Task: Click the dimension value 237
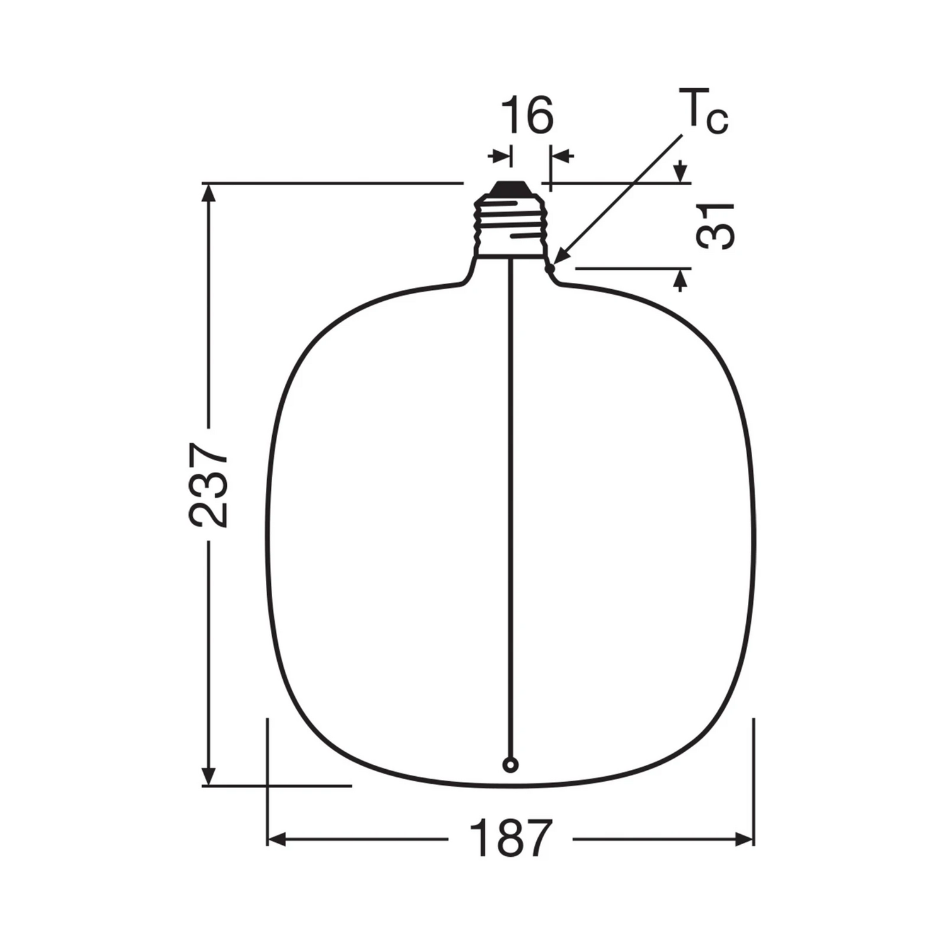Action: (x=209, y=484)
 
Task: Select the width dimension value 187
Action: (x=510, y=839)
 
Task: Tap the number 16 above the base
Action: (x=527, y=116)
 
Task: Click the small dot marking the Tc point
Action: (x=550, y=268)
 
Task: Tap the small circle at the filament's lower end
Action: (x=510, y=765)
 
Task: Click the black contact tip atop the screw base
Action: (x=510, y=187)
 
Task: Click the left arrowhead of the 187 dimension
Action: (x=277, y=839)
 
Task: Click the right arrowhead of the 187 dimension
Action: (x=745, y=839)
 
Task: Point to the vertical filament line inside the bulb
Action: (x=510, y=504)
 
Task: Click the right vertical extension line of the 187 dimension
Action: (x=753, y=781)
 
